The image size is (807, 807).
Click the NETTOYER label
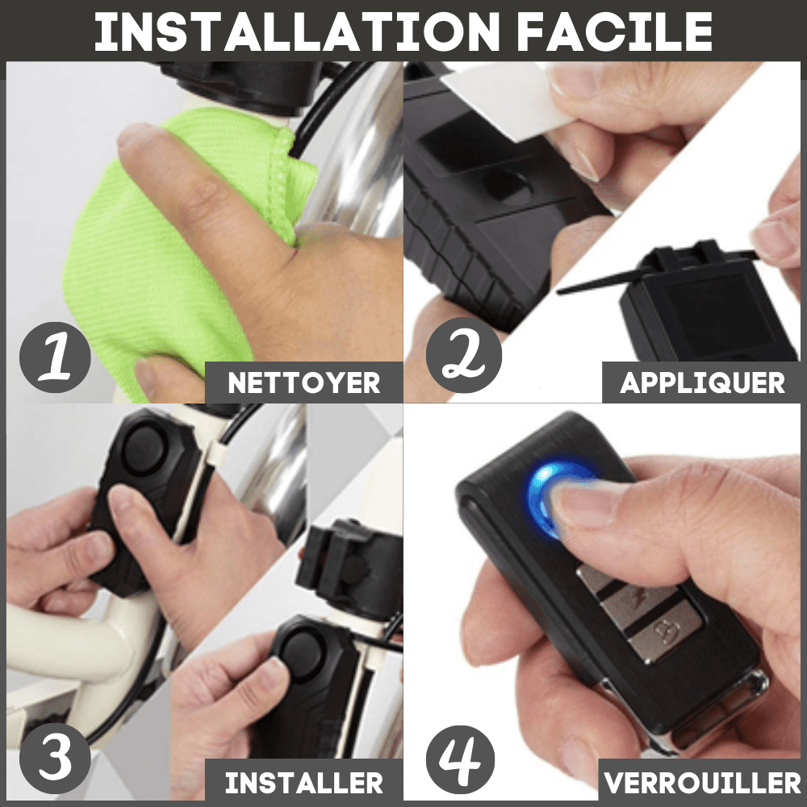[303, 383]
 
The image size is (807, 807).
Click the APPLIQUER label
[702, 383]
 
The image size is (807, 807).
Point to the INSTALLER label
[303, 782]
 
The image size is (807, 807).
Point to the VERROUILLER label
[702, 782]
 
